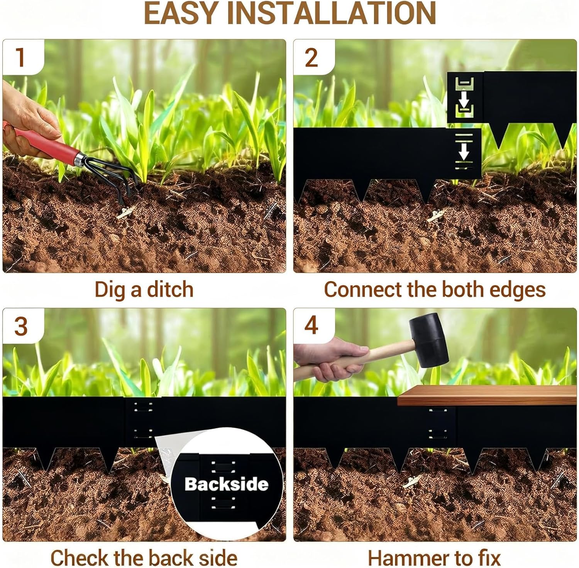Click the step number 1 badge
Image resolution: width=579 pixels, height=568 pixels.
pyautogui.click(x=22, y=57)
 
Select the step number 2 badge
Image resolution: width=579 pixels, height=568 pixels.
pyautogui.click(x=312, y=57)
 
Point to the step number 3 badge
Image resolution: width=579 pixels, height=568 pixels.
pyautogui.click(x=22, y=326)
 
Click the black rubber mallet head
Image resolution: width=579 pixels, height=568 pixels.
pyautogui.click(x=428, y=339)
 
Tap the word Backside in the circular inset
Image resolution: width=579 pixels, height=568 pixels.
pyautogui.click(x=226, y=484)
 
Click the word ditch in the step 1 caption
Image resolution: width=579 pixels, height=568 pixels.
pyautogui.click(x=170, y=290)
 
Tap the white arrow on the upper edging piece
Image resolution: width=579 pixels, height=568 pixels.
pyautogui.click(x=464, y=101)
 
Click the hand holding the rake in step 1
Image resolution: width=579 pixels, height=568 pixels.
pyautogui.click(x=27, y=120)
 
